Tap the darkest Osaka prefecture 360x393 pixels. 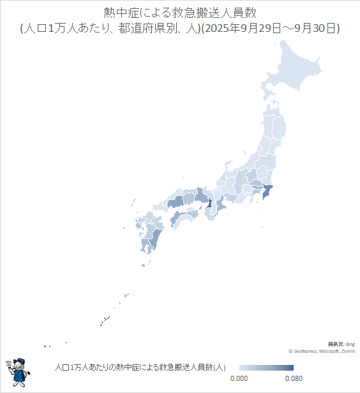pos(209,204)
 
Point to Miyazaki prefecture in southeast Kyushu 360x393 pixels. pos(155,239)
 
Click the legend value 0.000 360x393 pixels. pos(239,378)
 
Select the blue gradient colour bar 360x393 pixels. pos(266,368)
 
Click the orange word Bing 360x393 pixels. pos(350,345)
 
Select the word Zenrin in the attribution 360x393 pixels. pos(349,351)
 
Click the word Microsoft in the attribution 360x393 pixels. pos(328,351)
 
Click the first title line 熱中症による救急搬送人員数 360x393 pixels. pos(179,13)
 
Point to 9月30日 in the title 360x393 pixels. pos(311,28)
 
